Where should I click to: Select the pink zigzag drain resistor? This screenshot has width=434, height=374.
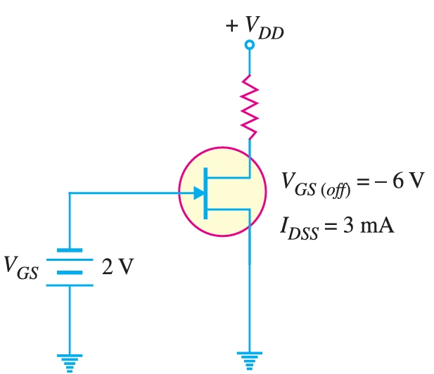[x=249, y=107]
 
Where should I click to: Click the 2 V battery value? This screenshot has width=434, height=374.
[x=117, y=267]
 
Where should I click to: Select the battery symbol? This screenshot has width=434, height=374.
[x=70, y=267]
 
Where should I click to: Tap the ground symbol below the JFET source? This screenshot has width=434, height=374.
[x=249, y=359]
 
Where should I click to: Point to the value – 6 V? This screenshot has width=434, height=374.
[x=397, y=181]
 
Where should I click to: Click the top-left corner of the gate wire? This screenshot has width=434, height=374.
[x=70, y=193]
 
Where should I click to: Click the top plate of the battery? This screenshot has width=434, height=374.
[x=70, y=250]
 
